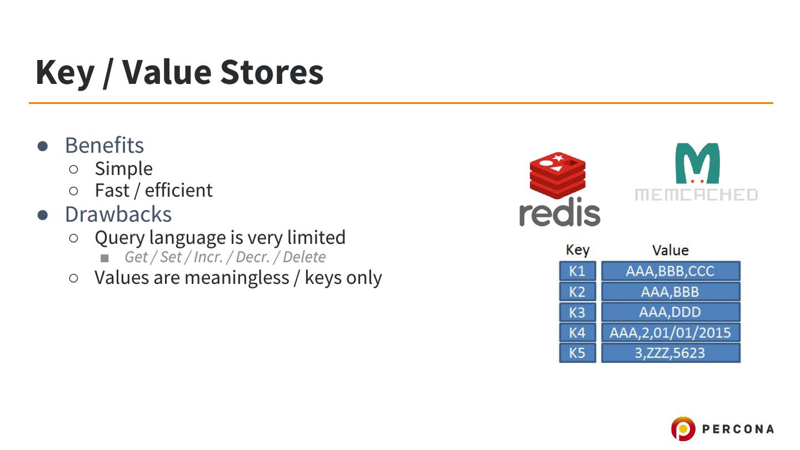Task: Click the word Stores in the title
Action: [272, 72]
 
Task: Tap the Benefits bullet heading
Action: [104, 146]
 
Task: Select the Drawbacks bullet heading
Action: [118, 214]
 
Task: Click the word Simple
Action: [123, 168]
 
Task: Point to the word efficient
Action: [178, 191]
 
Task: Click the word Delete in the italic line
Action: [304, 257]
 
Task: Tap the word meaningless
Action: [242, 277]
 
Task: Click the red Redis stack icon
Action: [557, 172]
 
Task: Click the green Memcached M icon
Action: [697, 163]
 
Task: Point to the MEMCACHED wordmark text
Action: [696, 194]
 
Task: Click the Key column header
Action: [577, 250]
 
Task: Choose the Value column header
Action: [670, 250]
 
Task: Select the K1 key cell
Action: [577, 271]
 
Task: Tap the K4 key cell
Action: [577, 332]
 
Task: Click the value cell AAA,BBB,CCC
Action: [670, 271]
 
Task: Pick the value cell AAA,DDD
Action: [670, 312]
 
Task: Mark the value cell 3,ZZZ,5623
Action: [670, 353]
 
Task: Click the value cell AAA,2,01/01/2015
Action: [670, 332]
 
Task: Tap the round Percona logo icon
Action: [683, 429]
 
